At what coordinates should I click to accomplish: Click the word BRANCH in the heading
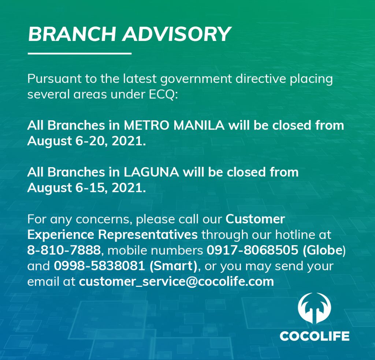point(72,34)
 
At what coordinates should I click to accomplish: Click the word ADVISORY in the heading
point(177,34)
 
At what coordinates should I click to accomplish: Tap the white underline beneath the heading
point(79,53)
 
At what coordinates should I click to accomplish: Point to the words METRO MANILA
point(174,125)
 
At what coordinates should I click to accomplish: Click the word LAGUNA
point(151,172)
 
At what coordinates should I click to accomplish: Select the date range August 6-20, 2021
point(86,141)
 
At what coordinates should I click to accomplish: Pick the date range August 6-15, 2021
point(86,188)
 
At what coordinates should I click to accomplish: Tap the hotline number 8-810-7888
point(64,250)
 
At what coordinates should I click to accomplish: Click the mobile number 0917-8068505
point(252,250)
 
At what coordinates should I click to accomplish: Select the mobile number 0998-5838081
point(100,266)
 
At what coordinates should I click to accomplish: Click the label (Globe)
point(324,250)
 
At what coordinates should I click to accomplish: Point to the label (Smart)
point(173,266)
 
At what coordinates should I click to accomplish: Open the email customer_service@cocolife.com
point(177,282)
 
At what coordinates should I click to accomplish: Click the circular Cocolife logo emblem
point(314,308)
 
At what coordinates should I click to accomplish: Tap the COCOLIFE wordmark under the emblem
point(315,336)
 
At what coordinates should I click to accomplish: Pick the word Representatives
point(148,235)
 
